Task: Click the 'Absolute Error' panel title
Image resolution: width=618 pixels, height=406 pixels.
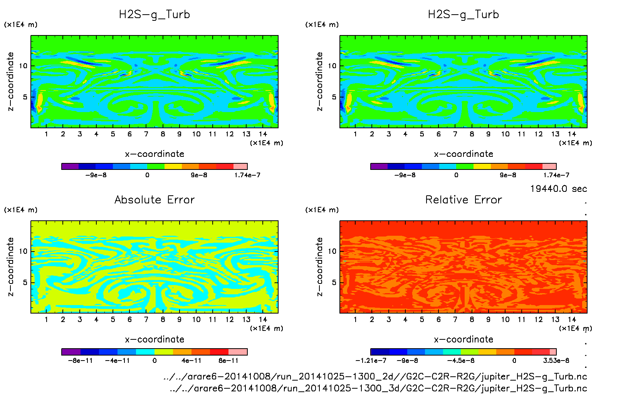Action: coord(154,200)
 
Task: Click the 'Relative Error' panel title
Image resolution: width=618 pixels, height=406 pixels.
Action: coord(463,200)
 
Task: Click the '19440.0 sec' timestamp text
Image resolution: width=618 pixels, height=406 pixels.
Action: coord(558,189)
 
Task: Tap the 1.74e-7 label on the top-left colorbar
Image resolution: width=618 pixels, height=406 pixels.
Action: coord(247,175)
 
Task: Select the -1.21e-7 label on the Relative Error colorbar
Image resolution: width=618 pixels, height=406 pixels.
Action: coord(371,361)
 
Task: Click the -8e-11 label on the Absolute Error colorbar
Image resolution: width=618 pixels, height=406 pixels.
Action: coord(80,361)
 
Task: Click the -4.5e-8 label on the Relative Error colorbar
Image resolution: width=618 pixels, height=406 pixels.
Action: coord(460,361)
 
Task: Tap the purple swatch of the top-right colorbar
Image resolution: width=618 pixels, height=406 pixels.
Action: coord(379,166)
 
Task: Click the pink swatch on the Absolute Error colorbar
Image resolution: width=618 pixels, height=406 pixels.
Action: coord(238,352)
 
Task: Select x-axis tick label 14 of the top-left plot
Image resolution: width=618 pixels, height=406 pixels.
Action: coord(263,134)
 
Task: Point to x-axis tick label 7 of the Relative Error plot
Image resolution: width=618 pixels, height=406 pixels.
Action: coord(455,319)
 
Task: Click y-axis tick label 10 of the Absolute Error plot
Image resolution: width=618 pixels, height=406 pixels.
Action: coord(24,251)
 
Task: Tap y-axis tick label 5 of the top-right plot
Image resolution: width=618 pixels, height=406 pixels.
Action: coord(334,97)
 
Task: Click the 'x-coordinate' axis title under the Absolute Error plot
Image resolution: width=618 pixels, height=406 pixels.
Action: coord(154,339)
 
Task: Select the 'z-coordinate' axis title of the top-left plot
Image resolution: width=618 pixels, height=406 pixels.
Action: coord(11,81)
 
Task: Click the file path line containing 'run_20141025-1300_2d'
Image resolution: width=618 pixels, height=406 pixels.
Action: coord(375,376)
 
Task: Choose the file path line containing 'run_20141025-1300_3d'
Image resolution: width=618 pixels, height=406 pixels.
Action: coord(378,388)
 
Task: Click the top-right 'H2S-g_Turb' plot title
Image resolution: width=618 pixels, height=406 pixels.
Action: coord(463,15)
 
